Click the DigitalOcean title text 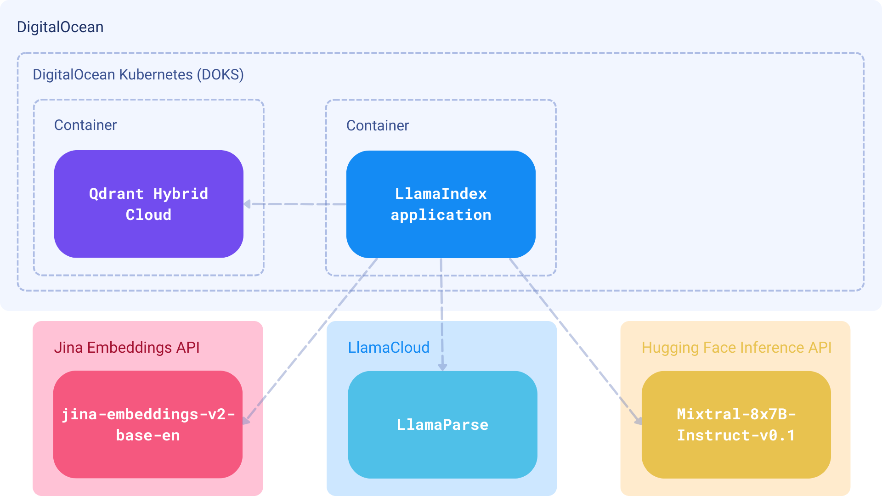point(60,27)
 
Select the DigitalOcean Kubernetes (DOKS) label point(138,74)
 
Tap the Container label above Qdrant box point(85,125)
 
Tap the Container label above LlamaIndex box point(378,125)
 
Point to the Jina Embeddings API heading point(127,348)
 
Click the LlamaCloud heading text point(389,348)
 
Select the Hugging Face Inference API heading point(736,348)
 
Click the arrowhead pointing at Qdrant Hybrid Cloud point(248,204)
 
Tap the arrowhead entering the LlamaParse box point(442,367)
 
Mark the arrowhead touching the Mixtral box point(638,420)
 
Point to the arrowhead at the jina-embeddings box point(246,420)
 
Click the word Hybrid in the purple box point(181,194)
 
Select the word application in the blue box point(441,215)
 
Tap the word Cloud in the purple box point(148,215)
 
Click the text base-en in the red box point(147,435)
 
